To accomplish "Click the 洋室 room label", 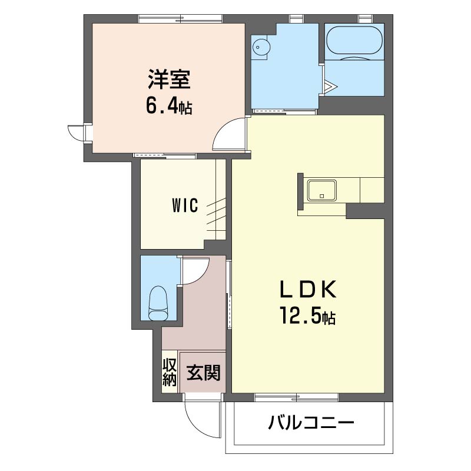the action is pyautogui.click(x=169, y=79).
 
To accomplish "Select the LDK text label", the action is pyautogui.click(x=308, y=288).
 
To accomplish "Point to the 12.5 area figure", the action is pyautogui.click(x=301, y=316).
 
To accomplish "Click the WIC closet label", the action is pyautogui.click(x=185, y=205).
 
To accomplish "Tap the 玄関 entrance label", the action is pyautogui.click(x=204, y=373).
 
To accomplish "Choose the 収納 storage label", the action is pyautogui.click(x=170, y=372).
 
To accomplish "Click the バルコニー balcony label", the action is pyautogui.click(x=311, y=423).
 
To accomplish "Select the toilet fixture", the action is pyautogui.click(x=158, y=303).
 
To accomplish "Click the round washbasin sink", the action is pyautogui.click(x=260, y=47).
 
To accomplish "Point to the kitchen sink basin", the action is pyautogui.click(x=321, y=190).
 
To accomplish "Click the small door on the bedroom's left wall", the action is pyautogui.click(x=77, y=132).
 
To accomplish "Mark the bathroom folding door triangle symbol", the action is pyautogui.click(x=330, y=87).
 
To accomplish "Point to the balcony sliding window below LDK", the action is pyautogui.click(x=297, y=397).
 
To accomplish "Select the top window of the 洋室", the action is pyautogui.click(x=180, y=19).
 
